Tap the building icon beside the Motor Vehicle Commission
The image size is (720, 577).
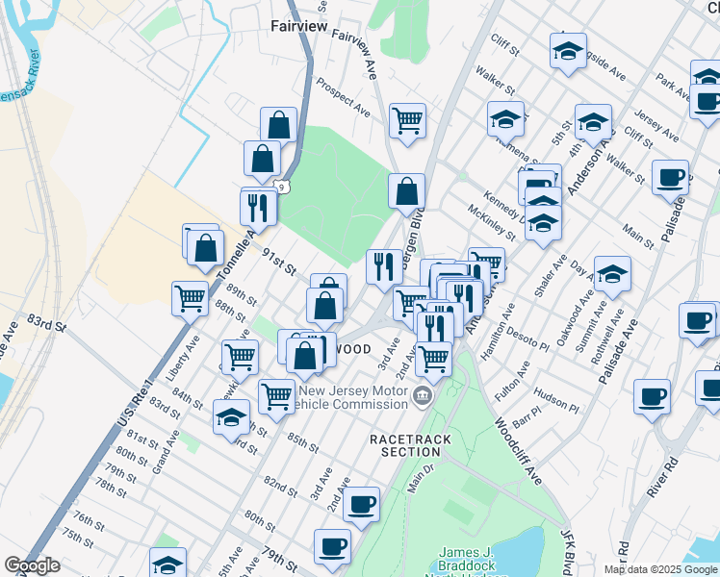pos(422,395)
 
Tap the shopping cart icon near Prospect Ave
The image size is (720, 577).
pos(407,120)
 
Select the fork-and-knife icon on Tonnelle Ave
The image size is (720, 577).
pos(258,206)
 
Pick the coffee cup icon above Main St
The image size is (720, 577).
pos(670,177)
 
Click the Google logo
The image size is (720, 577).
pos(32,565)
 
